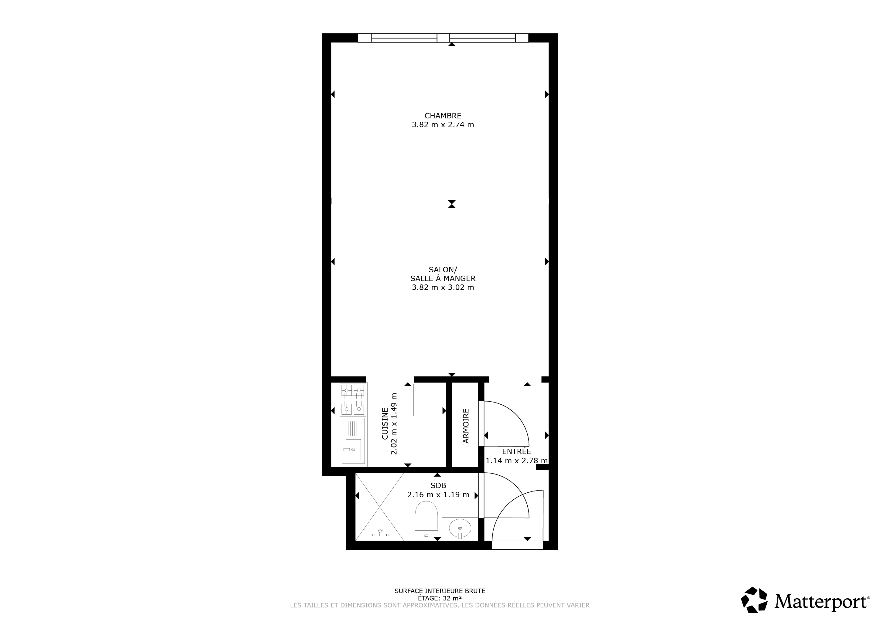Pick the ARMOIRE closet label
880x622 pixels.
(x=466, y=426)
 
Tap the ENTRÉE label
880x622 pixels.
(x=516, y=452)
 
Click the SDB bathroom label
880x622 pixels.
(x=438, y=486)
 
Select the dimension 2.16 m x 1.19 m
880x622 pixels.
(x=438, y=495)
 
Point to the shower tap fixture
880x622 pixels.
(x=380, y=534)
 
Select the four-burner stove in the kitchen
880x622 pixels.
(x=353, y=400)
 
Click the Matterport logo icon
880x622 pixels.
(x=754, y=600)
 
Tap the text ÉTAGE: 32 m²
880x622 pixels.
(x=440, y=598)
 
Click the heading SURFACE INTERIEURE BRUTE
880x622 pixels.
(x=440, y=591)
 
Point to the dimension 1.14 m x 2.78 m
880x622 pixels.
(x=517, y=461)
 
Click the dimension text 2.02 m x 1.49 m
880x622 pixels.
(x=394, y=423)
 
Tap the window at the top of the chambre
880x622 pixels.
(x=443, y=38)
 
